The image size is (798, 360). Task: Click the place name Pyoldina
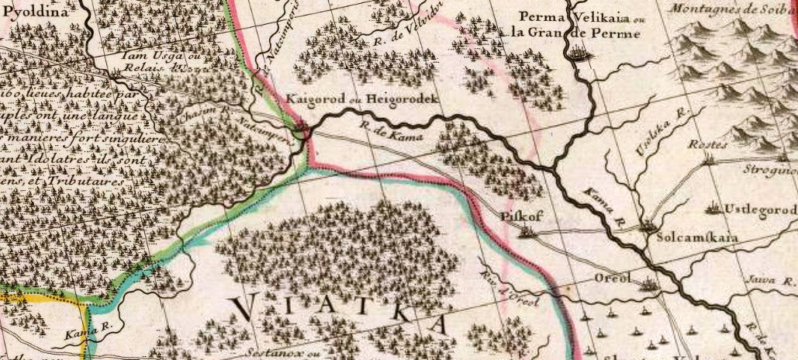(x=33, y=12)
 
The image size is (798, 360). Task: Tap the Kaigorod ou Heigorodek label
(x=362, y=100)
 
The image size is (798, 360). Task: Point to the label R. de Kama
(x=384, y=132)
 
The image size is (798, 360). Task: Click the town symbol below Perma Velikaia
(x=579, y=54)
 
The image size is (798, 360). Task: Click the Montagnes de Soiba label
(x=731, y=8)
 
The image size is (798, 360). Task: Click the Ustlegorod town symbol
(x=712, y=209)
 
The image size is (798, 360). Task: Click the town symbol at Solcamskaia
(x=647, y=227)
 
